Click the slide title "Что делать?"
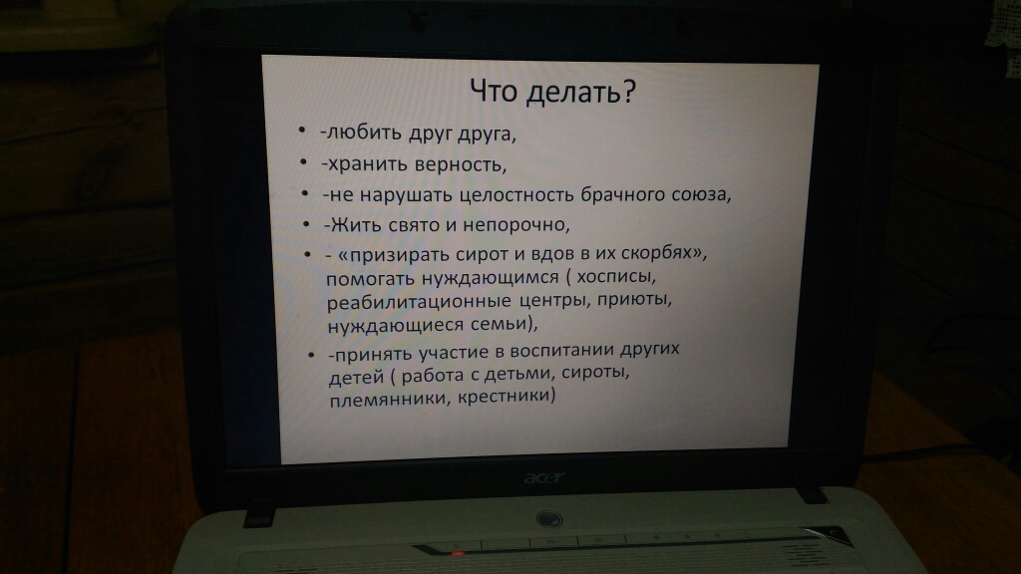coord(552,92)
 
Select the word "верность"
coord(460,164)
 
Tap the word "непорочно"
coord(516,224)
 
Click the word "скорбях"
coord(660,252)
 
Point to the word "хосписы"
coord(615,277)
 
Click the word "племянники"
coord(389,398)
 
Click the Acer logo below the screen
coord(544,478)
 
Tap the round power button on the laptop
coord(549,519)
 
